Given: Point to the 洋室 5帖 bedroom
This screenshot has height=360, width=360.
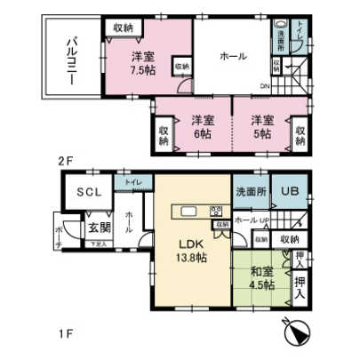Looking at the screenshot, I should pyautogui.click(x=261, y=127).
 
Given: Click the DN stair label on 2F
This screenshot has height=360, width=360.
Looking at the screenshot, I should pyautogui.click(x=264, y=86).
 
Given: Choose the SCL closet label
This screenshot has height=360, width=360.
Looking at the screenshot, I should pyautogui.click(x=87, y=193).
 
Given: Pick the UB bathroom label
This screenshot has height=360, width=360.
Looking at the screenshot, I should pyautogui.click(x=290, y=192).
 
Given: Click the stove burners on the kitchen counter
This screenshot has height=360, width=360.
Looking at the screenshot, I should pyautogui.click(x=215, y=212).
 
